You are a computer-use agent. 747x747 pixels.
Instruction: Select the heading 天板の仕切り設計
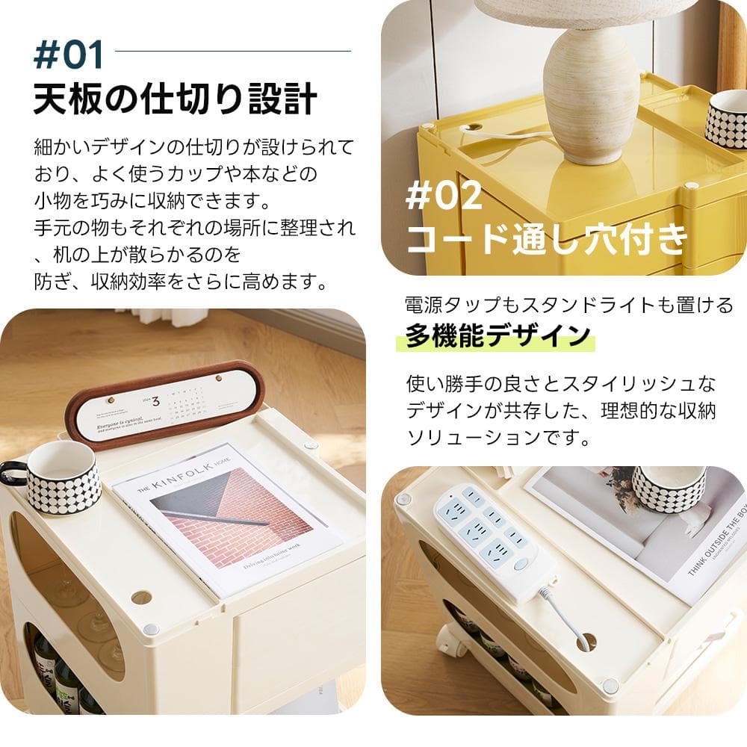click(175, 100)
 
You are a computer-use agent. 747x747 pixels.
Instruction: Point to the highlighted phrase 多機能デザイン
click(498, 335)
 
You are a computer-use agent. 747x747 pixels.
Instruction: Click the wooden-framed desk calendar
click(164, 404)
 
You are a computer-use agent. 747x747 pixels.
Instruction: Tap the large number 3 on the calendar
click(155, 401)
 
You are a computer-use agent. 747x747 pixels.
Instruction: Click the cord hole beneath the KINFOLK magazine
click(140, 597)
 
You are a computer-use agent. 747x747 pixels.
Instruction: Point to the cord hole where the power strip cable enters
click(587, 642)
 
